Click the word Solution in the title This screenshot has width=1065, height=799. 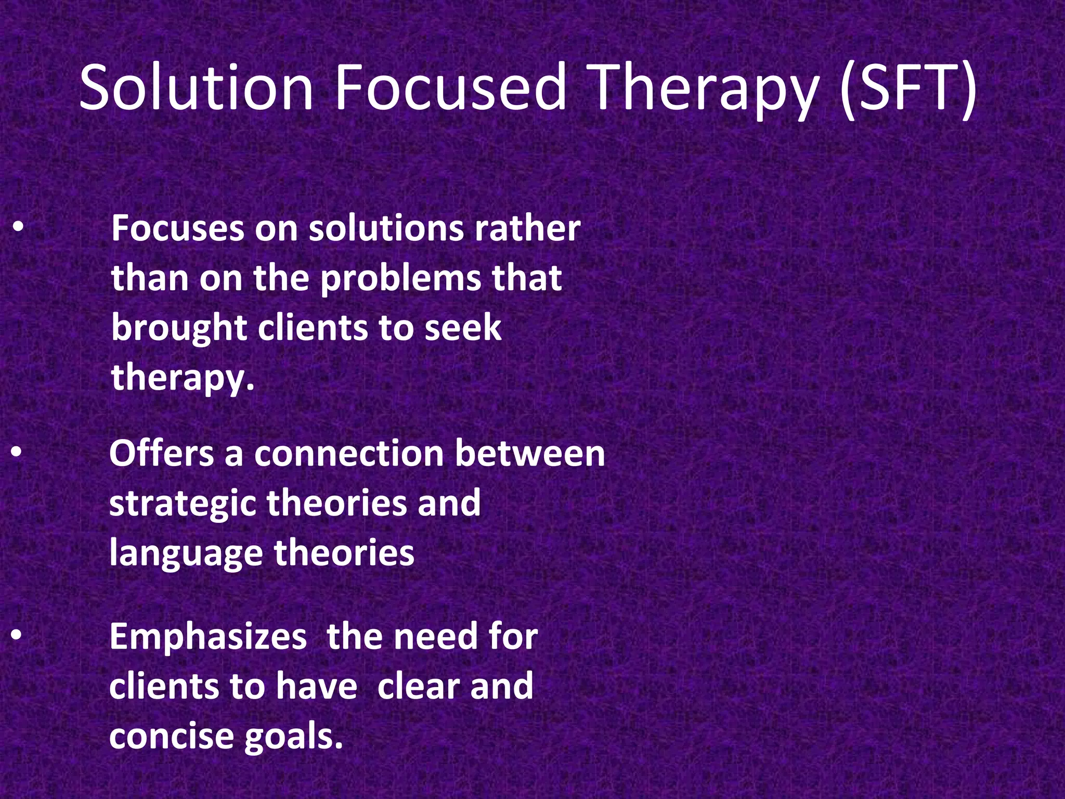[x=197, y=87]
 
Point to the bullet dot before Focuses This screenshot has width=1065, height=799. [x=18, y=227]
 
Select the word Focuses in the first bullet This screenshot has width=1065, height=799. [x=177, y=229]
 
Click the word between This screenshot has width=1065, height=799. [x=530, y=454]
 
